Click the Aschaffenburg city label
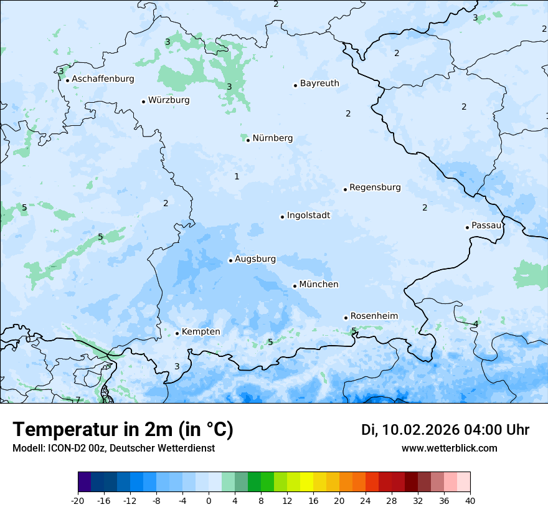pyautogui.click(x=103, y=79)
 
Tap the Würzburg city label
pyautogui.click(x=169, y=100)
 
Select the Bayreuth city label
pyautogui.click(x=319, y=83)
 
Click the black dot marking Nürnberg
pyautogui.click(x=248, y=140)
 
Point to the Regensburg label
pyautogui.click(x=375, y=187)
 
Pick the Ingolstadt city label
pyautogui.click(x=308, y=216)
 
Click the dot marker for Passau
pyautogui.click(x=467, y=227)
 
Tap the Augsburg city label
pyautogui.click(x=255, y=259)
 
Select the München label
pyautogui.click(x=319, y=285)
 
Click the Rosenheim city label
pyautogui.click(x=374, y=316)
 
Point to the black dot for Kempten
pyautogui.click(x=177, y=333)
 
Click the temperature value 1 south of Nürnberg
pyautogui.click(x=237, y=177)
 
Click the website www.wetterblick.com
pyautogui.click(x=449, y=448)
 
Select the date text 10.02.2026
pyautogui.click(x=421, y=430)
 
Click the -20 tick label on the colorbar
pyautogui.click(x=78, y=501)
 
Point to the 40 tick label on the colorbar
pyautogui.click(x=470, y=501)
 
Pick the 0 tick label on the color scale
pyautogui.click(x=209, y=501)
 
